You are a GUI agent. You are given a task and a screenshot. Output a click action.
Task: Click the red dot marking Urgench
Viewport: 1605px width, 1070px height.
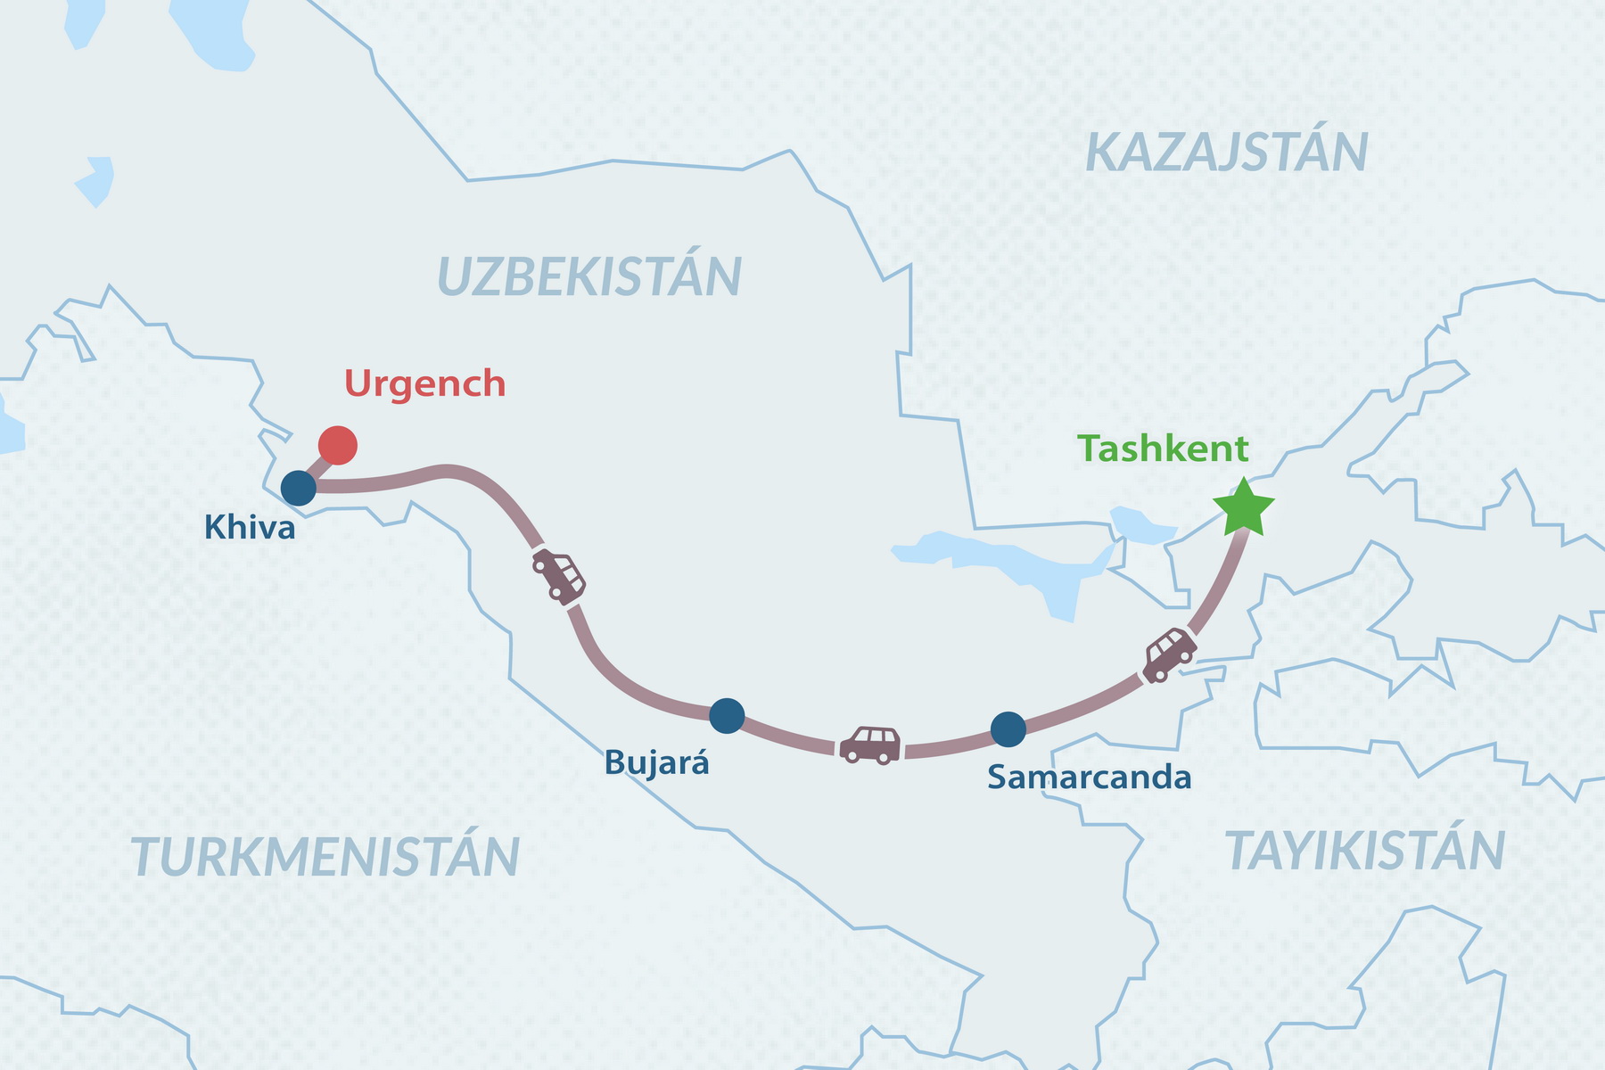pos(338,445)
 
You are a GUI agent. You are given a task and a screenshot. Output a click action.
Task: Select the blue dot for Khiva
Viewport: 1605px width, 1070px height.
pos(299,488)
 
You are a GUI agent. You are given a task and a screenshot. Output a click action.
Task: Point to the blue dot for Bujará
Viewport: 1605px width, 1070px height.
pos(727,715)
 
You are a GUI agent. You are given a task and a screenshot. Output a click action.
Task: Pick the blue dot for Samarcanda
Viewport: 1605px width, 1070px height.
pos(1008,729)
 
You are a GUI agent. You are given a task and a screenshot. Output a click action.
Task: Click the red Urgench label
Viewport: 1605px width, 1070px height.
pos(424,383)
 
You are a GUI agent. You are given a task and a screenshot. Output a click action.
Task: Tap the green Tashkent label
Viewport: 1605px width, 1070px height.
pos(1163,449)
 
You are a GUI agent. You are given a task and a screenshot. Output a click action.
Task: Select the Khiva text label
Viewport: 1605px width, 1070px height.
pos(250,528)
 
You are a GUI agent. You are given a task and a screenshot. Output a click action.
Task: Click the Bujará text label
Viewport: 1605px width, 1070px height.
pos(656,763)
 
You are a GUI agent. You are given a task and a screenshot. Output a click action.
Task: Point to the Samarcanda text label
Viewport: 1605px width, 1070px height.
pos(1089,778)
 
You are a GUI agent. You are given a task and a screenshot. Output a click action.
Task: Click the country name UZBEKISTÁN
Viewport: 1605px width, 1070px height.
pos(589,276)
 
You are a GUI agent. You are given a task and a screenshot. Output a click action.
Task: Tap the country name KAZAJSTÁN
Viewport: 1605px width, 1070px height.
pos(1226,152)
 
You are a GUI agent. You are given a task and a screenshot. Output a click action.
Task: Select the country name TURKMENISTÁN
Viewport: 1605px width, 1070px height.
pos(325,857)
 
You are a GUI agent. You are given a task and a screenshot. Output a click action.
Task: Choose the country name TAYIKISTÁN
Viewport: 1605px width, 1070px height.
pos(1365,851)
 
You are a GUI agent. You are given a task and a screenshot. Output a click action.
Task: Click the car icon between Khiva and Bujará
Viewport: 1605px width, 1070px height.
pos(559,576)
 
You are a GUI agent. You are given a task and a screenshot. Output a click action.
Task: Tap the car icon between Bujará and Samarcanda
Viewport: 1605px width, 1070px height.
pos(870,745)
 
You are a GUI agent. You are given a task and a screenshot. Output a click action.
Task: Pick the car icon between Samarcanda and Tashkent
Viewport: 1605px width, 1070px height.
pos(1169,654)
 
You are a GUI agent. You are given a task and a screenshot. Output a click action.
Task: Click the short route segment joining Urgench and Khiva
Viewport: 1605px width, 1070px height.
pos(317,467)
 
